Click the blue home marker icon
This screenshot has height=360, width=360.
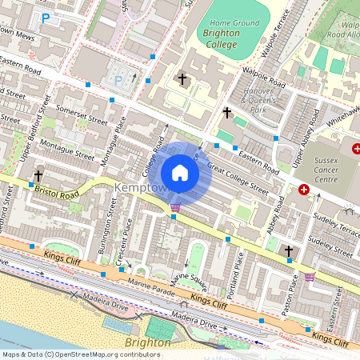180,173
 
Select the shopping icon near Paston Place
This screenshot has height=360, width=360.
310,277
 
